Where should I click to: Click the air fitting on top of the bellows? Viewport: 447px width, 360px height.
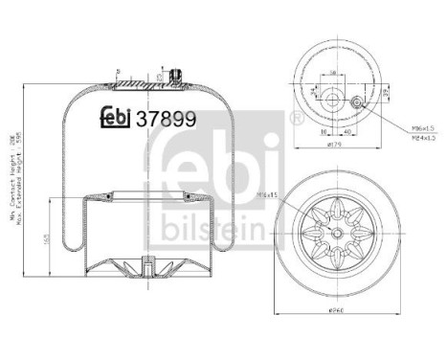175,76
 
